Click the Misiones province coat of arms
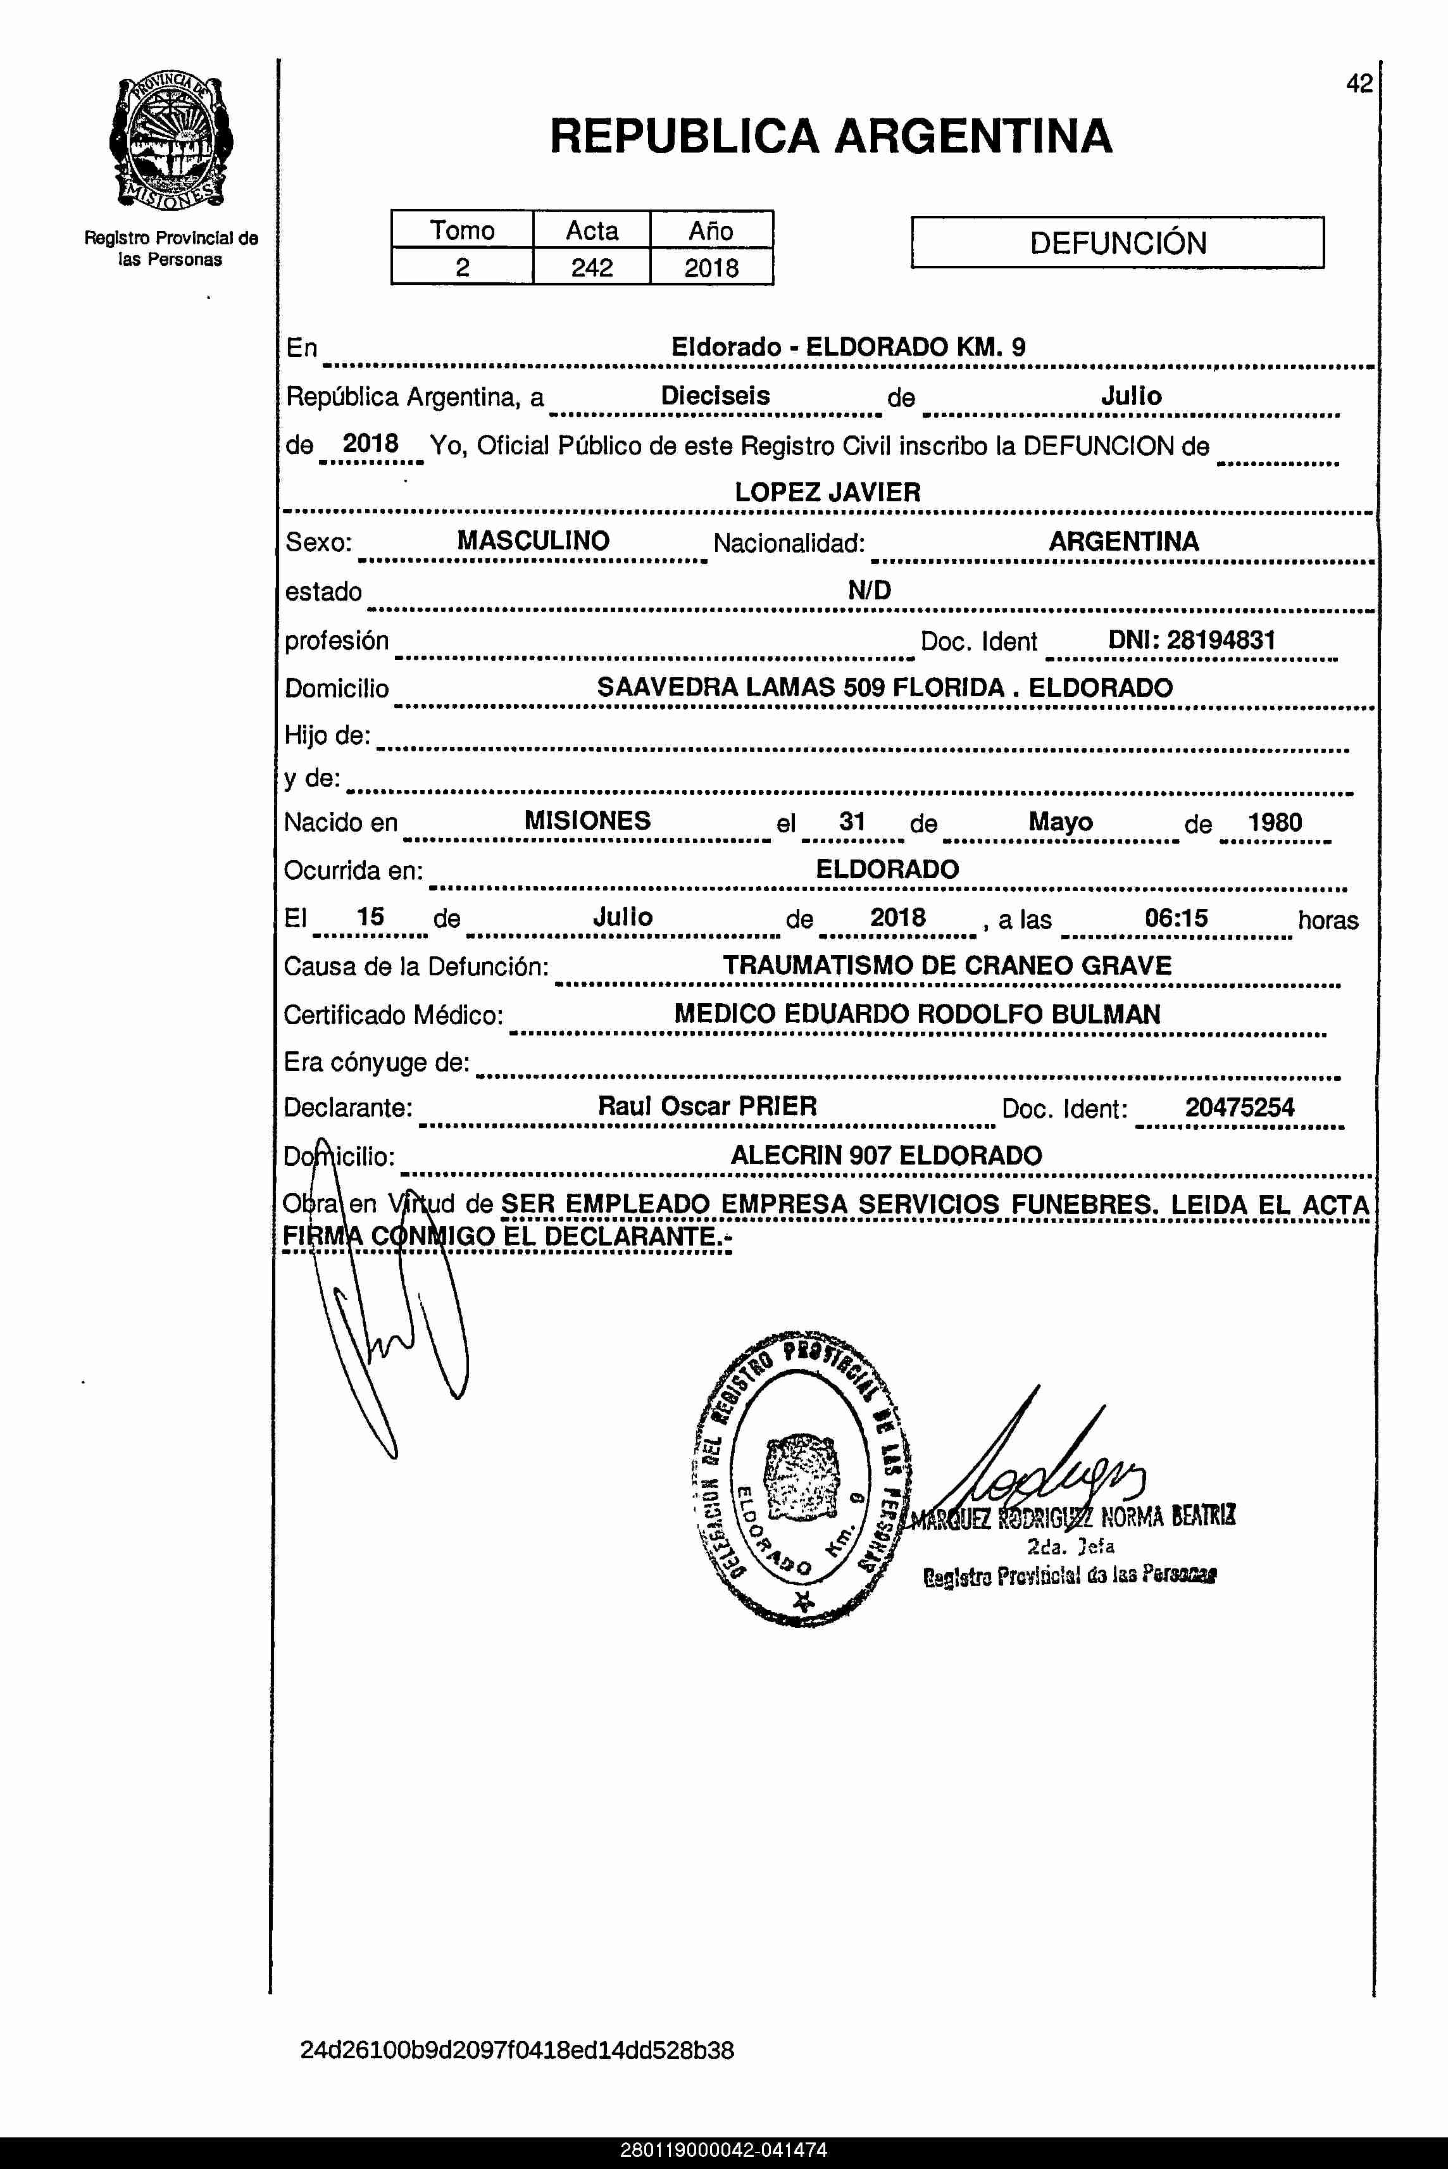pyautogui.click(x=171, y=143)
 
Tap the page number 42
pyautogui.click(x=1358, y=84)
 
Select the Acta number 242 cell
pyautogui.click(x=591, y=268)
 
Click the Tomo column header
pyautogui.click(x=462, y=230)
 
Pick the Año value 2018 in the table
pyautogui.click(x=711, y=268)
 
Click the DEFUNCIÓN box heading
pyautogui.click(x=1118, y=243)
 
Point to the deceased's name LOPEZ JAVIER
pyautogui.click(x=827, y=492)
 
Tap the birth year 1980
pyautogui.click(x=1275, y=822)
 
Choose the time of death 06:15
pyautogui.click(x=1176, y=917)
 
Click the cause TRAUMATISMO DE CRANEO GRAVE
pyautogui.click(x=947, y=966)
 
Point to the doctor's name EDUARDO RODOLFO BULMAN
pyautogui.click(x=971, y=1014)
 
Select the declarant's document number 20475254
pyautogui.click(x=1239, y=1107)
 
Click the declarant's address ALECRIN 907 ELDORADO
pyautogui.click(x=885, y=1155)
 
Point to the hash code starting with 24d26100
pyautogui.click(x=517, y=2051)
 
